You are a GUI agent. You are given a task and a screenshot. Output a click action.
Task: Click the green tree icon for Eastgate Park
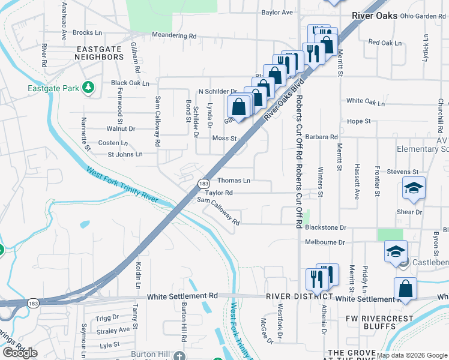coord(88,88)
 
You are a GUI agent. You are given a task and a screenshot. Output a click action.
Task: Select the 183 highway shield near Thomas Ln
coord(203,184)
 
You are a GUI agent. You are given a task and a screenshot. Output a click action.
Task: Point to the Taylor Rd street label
coord(218,193)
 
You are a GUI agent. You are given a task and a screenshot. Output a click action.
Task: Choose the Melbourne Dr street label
coord(325,242)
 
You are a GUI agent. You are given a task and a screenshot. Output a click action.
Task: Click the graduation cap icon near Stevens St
coord(414,188)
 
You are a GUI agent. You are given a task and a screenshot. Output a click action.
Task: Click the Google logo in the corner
coord(20,352)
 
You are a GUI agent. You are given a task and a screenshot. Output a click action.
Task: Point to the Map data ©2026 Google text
coord(412,355)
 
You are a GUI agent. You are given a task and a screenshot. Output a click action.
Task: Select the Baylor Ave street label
coord(277,12)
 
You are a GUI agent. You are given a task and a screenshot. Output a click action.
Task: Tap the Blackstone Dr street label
coord(326,228)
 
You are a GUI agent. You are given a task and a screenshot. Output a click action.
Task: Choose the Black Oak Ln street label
coord(130,83)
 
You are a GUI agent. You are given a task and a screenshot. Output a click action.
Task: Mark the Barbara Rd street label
coord(321,137)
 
